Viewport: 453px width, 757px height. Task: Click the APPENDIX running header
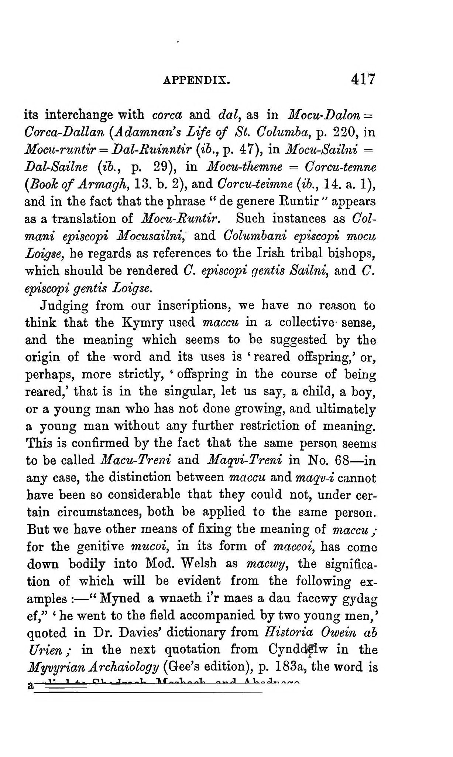tap(196, 80)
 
